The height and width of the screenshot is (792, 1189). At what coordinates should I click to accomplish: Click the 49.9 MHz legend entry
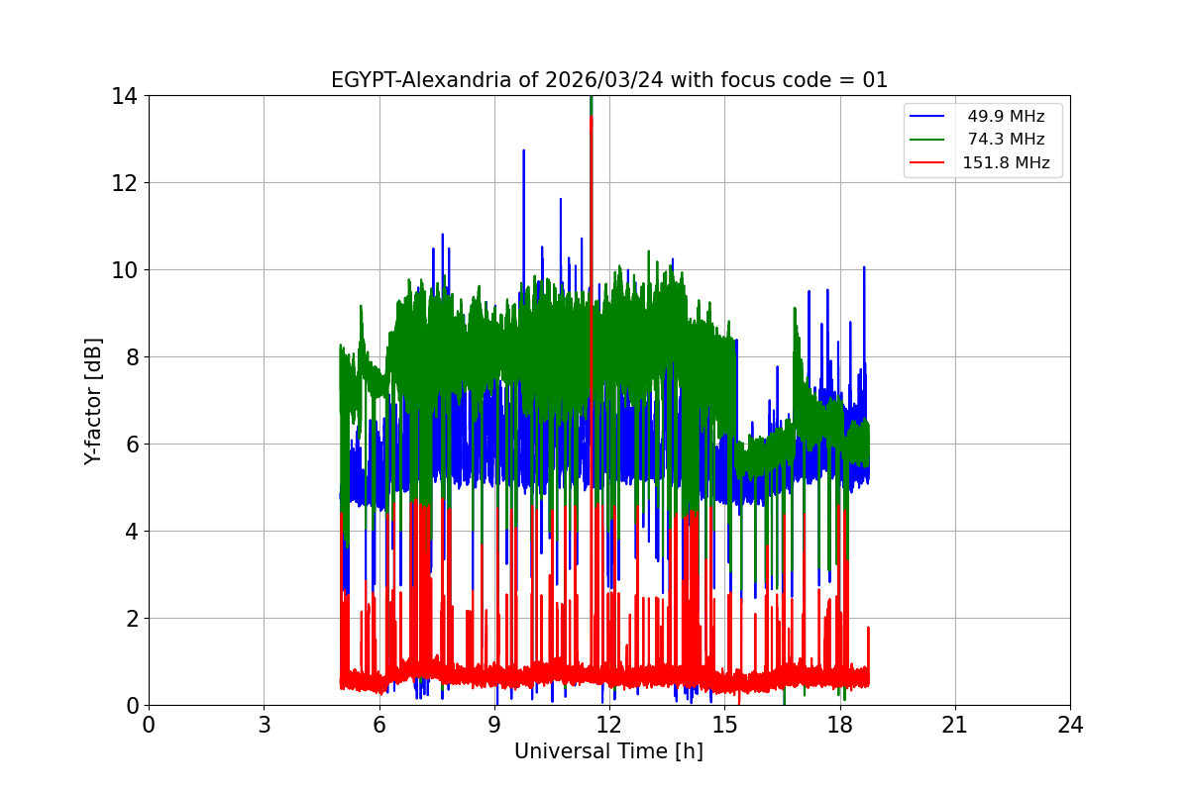coord(1006,117)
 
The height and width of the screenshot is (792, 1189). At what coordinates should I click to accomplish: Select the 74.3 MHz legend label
coord(1006,140)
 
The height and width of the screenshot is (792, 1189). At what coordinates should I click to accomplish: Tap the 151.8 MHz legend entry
coord(1006,163)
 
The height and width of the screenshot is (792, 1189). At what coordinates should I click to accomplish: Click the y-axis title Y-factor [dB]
coord(93,400)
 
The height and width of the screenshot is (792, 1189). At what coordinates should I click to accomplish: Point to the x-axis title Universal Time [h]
coord(608,751)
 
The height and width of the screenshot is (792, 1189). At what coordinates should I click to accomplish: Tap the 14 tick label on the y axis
coord(125,96)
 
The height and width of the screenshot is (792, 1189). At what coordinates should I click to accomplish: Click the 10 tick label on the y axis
coord(125,270)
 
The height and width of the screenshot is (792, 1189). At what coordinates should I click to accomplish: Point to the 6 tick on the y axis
coord(131,445)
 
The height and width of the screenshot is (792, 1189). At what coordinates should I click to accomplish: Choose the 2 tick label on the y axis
coord(131,619)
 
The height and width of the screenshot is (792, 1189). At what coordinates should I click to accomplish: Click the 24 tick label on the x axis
coord(1070,725)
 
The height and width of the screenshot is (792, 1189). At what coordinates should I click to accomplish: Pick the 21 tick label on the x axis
coord(955,725)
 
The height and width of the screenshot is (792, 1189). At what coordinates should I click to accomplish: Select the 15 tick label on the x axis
coord(724,725)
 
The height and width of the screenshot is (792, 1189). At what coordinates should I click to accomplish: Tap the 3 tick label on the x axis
coord(264,725)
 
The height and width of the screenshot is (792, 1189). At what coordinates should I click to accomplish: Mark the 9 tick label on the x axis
coord(494,725)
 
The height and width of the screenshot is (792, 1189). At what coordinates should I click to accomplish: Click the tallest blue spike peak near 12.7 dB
coord(523,151)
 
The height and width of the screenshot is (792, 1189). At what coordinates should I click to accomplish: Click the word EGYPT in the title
coord(363,80)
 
